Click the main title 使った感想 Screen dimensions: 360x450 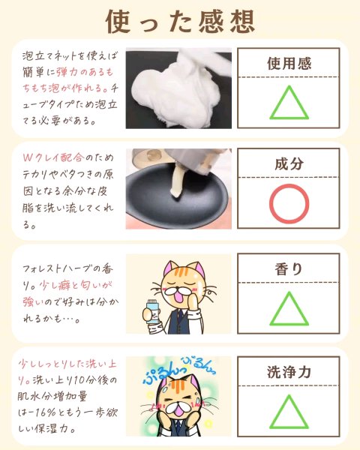(x=180, y=22)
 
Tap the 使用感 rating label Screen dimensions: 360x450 (x=289, y=63)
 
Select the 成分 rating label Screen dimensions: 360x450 (x=289, y=163)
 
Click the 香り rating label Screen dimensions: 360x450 (x=289, y=268)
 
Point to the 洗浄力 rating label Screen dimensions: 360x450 (x=289, y=372)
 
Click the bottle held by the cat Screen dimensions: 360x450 (x=152, y=312)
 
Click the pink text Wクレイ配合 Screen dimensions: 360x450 (x=54, y=157)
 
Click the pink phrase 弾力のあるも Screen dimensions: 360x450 (x=85, y=72)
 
